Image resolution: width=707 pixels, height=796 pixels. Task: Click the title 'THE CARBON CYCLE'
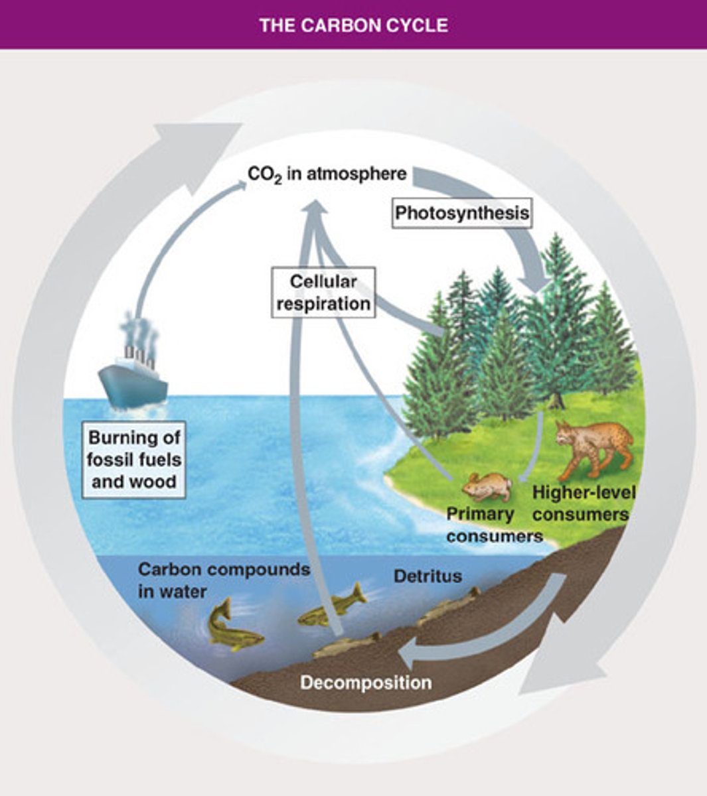[353, 25]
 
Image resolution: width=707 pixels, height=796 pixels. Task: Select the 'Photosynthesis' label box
[461, 214]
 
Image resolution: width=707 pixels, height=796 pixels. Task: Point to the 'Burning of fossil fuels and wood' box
[135, 459]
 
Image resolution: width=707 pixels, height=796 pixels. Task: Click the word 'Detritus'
[428, 575]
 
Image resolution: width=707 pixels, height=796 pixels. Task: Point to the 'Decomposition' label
[366, 682]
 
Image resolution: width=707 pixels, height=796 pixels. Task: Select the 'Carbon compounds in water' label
[223, 580]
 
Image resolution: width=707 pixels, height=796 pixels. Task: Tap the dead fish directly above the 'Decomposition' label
[347, 645]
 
